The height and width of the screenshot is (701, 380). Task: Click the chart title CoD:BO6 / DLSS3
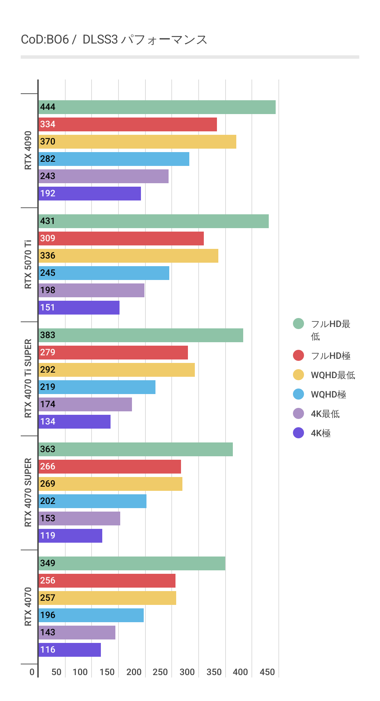tap(114, 40)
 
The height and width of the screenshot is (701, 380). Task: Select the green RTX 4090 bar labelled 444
tap(157, 107)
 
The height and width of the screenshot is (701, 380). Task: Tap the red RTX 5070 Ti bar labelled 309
tap(121, 239)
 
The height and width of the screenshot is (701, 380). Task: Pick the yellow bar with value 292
tap(117, 370)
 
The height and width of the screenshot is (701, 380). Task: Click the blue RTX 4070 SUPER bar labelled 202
tap(93, 501)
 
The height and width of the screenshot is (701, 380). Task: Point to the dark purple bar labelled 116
tap(70, 650)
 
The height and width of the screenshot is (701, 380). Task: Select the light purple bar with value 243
tap(104, 176)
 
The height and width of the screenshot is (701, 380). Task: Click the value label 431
tap(48, 221)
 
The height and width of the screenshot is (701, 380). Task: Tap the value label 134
tap(48, 422)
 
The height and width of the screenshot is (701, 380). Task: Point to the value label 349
tap(48, 563)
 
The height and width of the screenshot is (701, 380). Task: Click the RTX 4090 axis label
tap(28, 150)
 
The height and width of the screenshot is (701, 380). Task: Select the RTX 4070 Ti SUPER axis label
tap(28, 378)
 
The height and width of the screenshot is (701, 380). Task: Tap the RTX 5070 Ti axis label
tap(28, 264)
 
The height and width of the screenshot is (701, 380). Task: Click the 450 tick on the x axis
tap(267, 672)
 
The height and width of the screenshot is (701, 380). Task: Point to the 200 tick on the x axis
tap(134, 672)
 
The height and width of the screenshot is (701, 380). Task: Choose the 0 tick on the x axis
tap(32, 672)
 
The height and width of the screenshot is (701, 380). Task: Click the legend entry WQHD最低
tap(333, 375)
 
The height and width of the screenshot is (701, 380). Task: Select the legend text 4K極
tap(321, 433)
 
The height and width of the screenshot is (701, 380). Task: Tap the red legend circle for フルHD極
tap(298, 355)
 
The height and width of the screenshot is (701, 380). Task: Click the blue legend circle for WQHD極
tap(298, 394)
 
